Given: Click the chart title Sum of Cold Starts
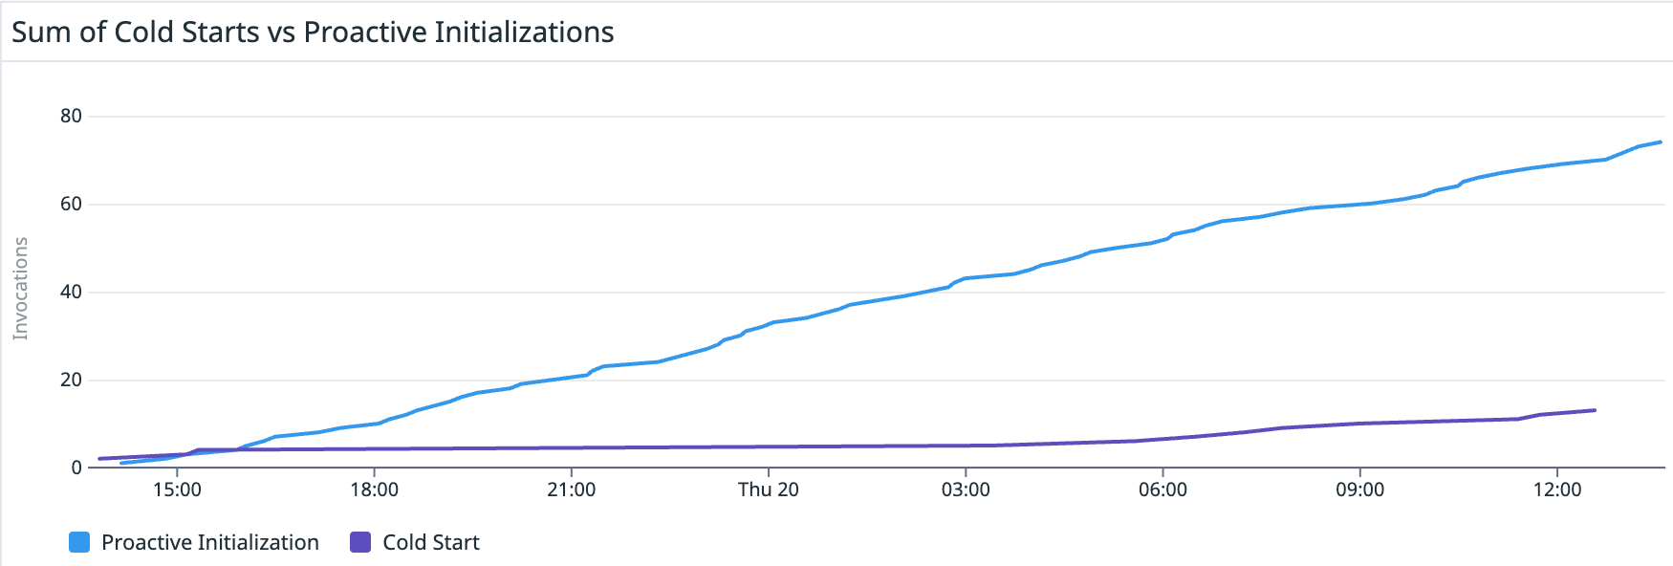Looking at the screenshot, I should pyautogui.click(x=313, y=33).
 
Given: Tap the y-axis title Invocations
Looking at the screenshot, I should pyautogui.click(x=20, y=288).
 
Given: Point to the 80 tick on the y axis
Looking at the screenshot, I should pyautogui.click(x=71, y=116).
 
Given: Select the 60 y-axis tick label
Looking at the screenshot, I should pyautogui.click(x=71, y=204).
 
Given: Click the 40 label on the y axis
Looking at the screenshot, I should pyautogui.click(x=71, y=292).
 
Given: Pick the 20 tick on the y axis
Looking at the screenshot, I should pyautogui.click(x=71, y=380).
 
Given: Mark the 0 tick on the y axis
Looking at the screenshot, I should pyautogui.click(x=76, y=468).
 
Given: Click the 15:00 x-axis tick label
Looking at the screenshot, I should pyautogui.click(x=177, y=490).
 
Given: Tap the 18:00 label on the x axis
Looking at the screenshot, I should pyautogui.click(x=374, y=490).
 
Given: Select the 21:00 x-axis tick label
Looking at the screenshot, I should pyautogui.click(x=571, y=490).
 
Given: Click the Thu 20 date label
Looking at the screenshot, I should pyautogui.click(x=768, y=490).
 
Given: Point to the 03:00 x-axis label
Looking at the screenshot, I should pyautogui.click(x=966, y=490).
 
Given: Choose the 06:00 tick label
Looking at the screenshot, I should pyautogui.click(x=1162, y=490).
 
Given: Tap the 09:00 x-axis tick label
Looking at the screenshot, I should pyautogui.click(x=1359, y=490).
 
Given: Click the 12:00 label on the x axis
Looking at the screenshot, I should pyautogui.click(x=1557, y=490).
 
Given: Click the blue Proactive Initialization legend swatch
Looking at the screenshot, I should pyautogui.click(x=79, y=542).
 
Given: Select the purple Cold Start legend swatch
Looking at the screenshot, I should pyautogui.click(x=360, y=542).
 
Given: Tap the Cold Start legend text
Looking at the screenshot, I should pyautogui.click(x=430, y=542).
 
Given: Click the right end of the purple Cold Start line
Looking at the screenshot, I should pyautogui.click(x=1595, y=410).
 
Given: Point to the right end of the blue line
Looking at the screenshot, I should pyautogui.click(x=1661, y=141).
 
